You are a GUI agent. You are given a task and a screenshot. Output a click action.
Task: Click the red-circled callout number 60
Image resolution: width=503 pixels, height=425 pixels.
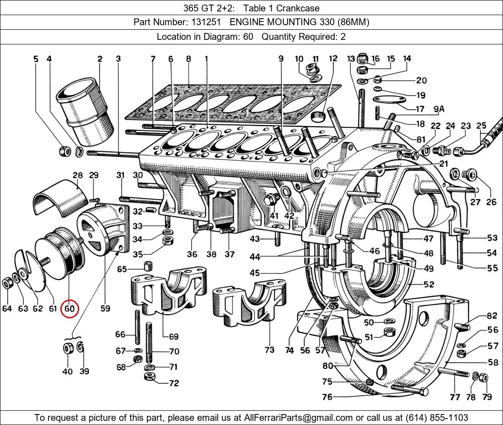[x=70, y=309]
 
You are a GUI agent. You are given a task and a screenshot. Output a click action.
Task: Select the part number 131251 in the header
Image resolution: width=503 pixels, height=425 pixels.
[x=204, y=22]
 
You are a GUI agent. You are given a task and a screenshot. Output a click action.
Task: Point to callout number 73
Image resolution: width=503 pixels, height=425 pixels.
[x=269, y=350]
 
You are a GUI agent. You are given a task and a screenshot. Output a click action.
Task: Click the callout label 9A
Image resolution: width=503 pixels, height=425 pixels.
[x=439, y=109]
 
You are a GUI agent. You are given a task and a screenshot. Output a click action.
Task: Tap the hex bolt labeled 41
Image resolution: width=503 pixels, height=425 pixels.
[x=271, y=199]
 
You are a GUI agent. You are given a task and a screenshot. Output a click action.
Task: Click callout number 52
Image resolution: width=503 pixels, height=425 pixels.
[x=428, y=284]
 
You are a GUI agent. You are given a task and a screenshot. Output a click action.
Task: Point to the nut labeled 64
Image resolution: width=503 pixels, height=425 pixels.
[x=7, y=283]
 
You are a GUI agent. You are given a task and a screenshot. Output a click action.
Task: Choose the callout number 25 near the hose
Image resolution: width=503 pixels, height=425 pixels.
[x=481, y=125]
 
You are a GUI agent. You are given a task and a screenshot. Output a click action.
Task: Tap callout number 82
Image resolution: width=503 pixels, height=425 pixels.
[x=492, y=316]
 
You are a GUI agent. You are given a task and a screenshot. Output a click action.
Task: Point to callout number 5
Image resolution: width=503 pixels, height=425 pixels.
[x=36, y=59]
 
